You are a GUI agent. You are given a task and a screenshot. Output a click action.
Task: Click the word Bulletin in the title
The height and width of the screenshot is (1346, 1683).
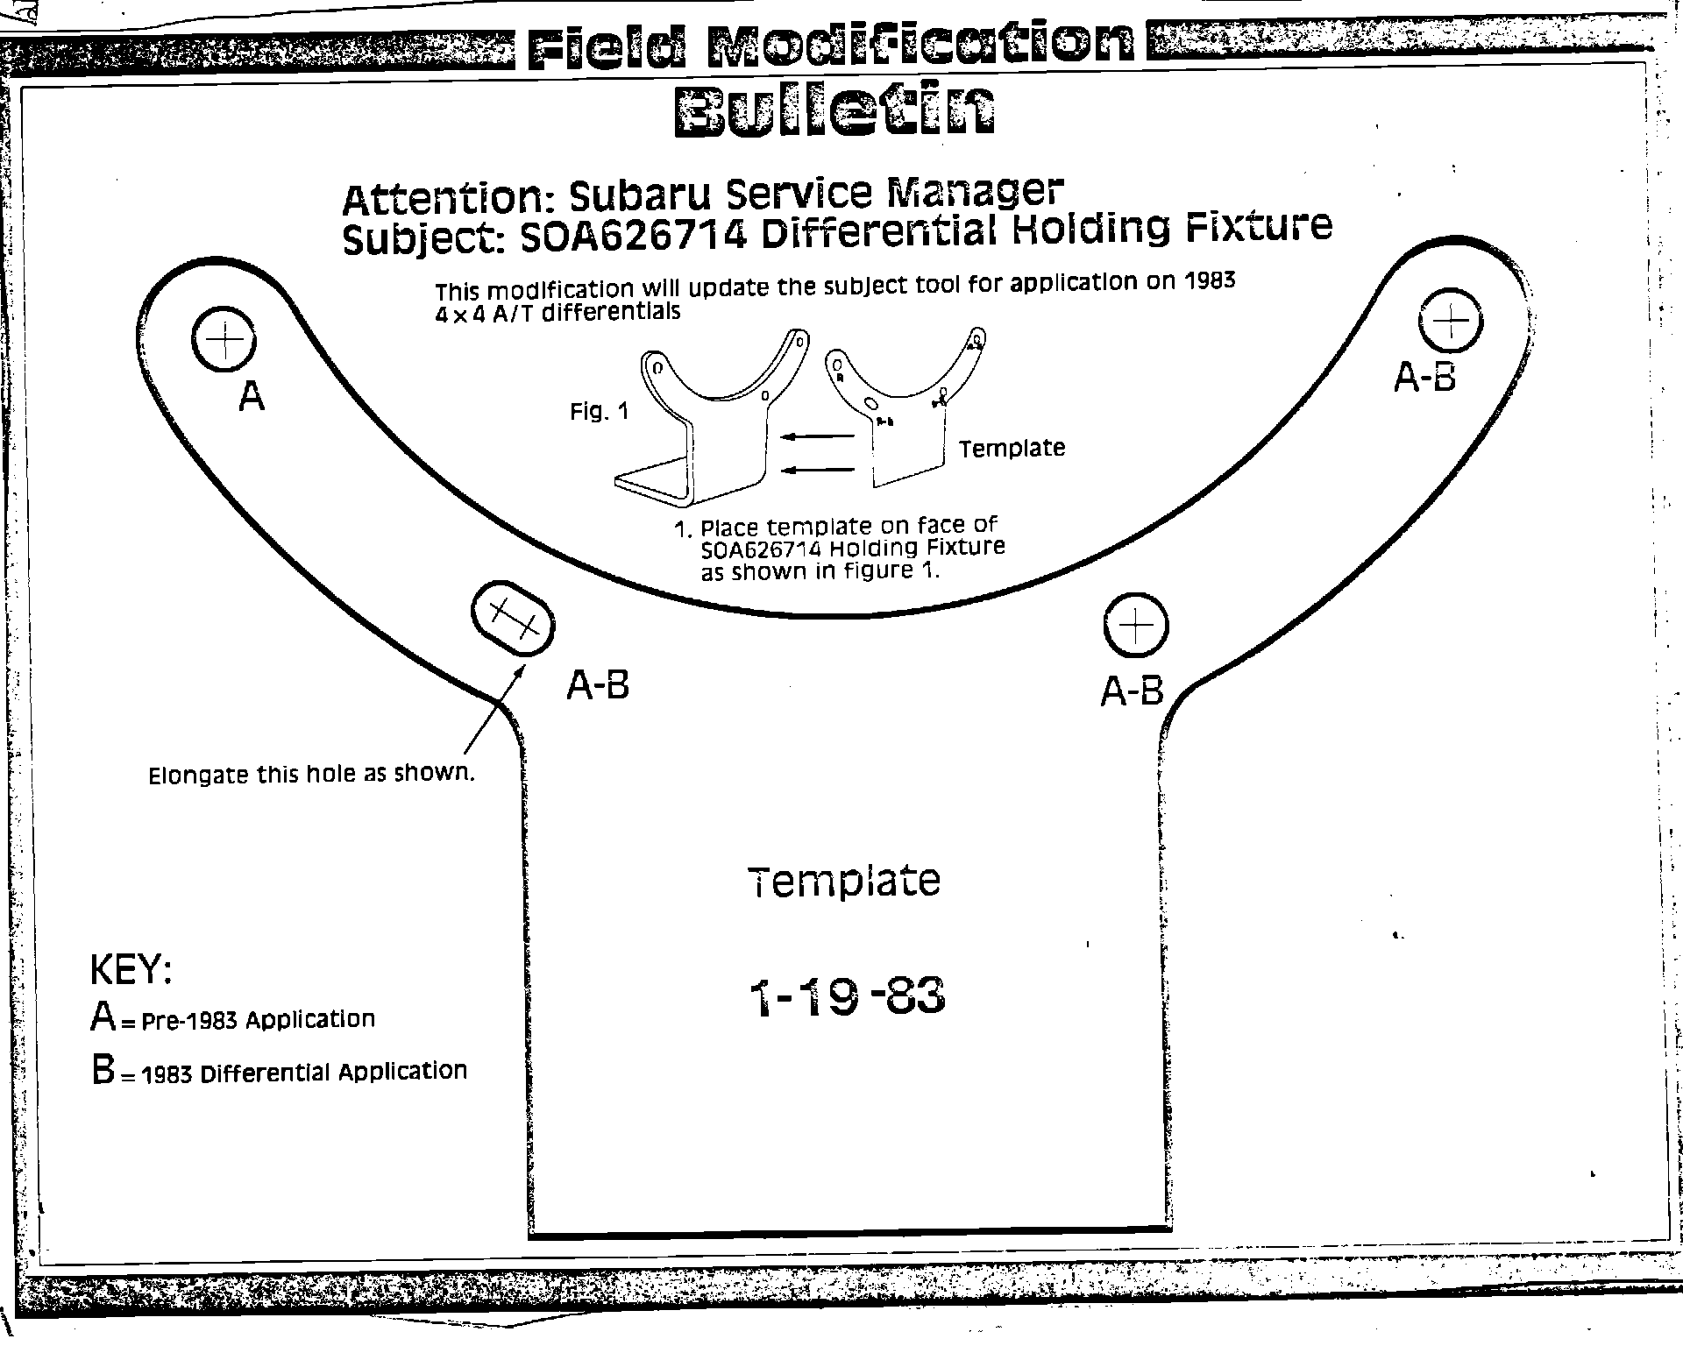point(835,110)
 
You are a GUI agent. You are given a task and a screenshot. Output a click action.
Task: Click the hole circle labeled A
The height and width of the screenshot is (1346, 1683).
point(224,339)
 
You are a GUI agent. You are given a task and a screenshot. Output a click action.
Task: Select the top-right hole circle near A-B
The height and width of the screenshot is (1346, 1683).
point(1451,320)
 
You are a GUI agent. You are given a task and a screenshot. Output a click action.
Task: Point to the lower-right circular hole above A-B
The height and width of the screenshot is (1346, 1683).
point(1136,625)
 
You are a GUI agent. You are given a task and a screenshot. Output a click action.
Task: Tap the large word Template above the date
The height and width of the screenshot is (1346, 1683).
point(844,882)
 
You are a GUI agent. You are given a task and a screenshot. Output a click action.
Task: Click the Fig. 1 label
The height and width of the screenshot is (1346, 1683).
point(600,411)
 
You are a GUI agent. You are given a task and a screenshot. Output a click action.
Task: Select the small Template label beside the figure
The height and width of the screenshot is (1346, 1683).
point(1012,449)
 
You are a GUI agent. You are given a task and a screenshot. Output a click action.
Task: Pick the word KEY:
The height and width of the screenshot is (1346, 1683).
point(131,970)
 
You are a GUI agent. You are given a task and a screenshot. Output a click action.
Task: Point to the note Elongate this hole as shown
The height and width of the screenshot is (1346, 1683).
point(311,775)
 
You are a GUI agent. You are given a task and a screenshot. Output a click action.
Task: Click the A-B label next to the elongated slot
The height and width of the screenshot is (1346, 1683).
point(598,685)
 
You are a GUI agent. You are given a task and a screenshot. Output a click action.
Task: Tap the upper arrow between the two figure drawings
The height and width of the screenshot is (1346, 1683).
point(817,436)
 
